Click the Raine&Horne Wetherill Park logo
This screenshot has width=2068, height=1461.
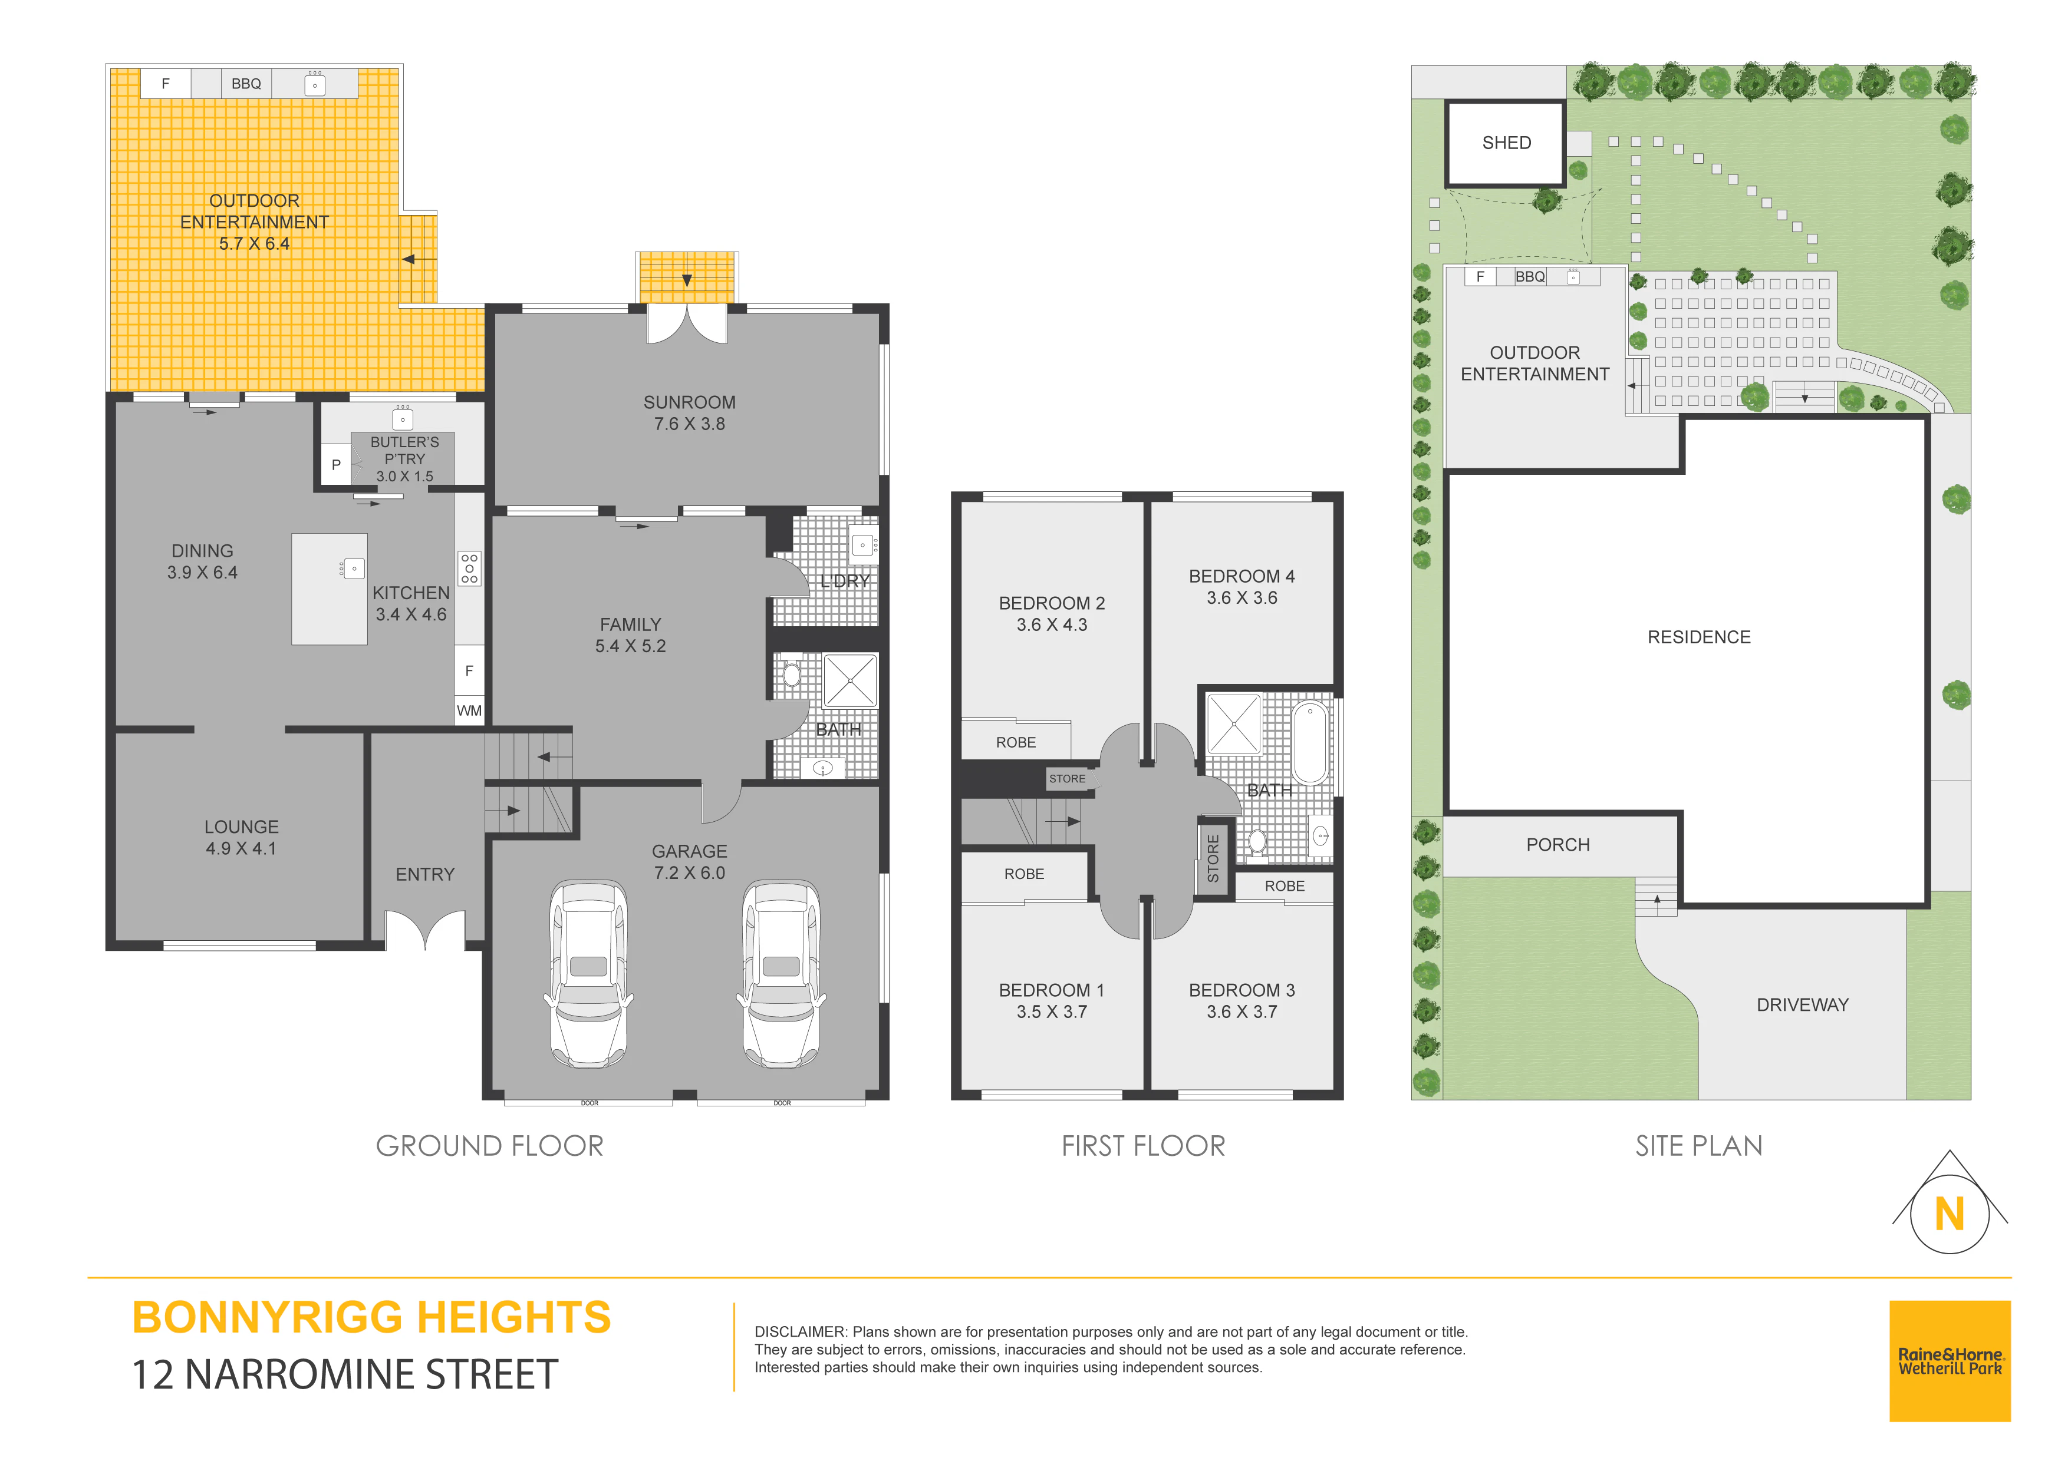click(1949, 1360)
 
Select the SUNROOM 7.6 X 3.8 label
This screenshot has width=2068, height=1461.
click(689, 413)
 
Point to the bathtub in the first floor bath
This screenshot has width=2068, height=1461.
click(1310, 743)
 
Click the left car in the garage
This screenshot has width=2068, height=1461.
click(588, 973)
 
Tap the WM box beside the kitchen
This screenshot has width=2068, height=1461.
click(468, 710)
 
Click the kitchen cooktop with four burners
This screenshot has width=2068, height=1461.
click(469, 568)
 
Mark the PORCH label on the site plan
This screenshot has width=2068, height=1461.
click(1557, 844)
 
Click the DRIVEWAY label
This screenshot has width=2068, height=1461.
click(1802, 1004)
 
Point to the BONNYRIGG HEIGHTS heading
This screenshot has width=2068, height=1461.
click(371, 1317)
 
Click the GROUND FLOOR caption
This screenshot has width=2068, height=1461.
click(489, 1146)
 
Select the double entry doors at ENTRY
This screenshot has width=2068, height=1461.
click(425, 930)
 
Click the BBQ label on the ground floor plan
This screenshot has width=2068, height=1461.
click(246, 84)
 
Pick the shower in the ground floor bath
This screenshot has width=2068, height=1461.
click(849, 680)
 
